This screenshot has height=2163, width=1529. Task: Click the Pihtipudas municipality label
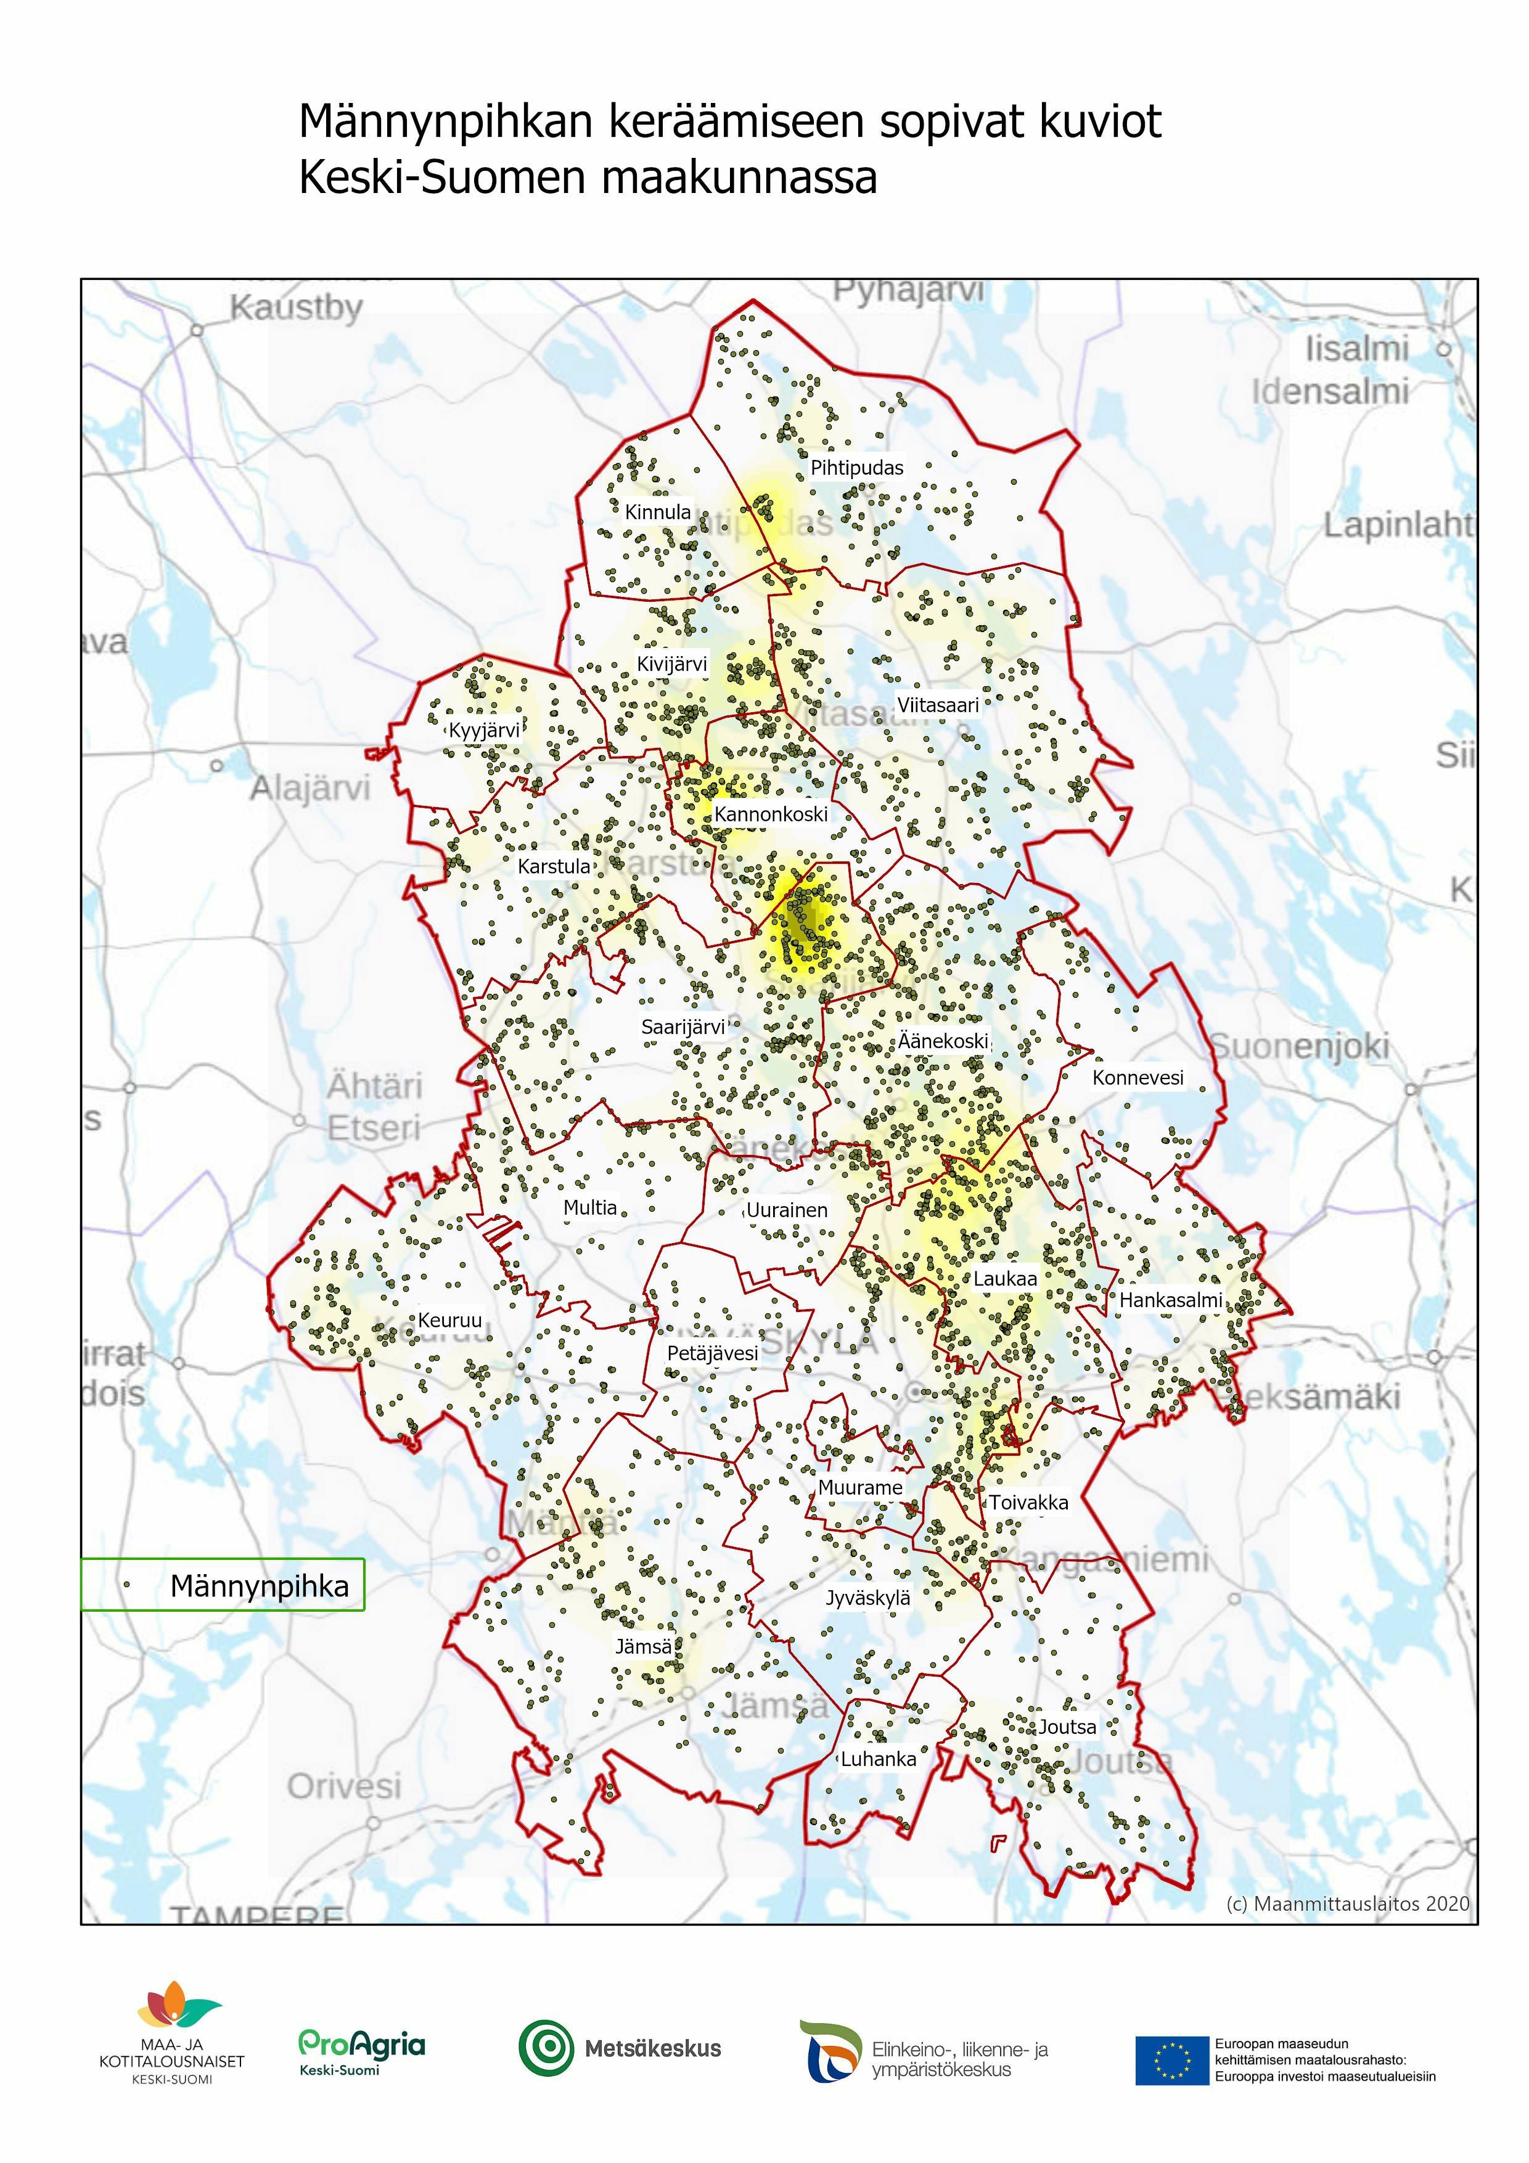856,467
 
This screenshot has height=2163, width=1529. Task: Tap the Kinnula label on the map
658,512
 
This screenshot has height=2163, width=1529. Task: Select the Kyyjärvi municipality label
483,730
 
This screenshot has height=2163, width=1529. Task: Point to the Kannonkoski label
771,814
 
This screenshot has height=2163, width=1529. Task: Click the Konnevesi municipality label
1137,1078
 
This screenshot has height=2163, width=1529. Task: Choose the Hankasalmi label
1170,1300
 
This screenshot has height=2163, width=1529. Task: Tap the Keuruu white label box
449,1320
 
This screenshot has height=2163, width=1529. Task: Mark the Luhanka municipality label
878,1759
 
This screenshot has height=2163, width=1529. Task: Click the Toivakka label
1028,1503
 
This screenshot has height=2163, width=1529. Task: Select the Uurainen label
787,1210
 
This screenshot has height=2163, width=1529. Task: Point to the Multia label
590,1208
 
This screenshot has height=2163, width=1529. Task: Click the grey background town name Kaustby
296,308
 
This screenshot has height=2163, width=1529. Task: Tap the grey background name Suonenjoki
1299,1046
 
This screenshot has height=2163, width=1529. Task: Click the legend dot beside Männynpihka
126,1585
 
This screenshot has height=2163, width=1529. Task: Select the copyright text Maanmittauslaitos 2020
1347,1903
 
